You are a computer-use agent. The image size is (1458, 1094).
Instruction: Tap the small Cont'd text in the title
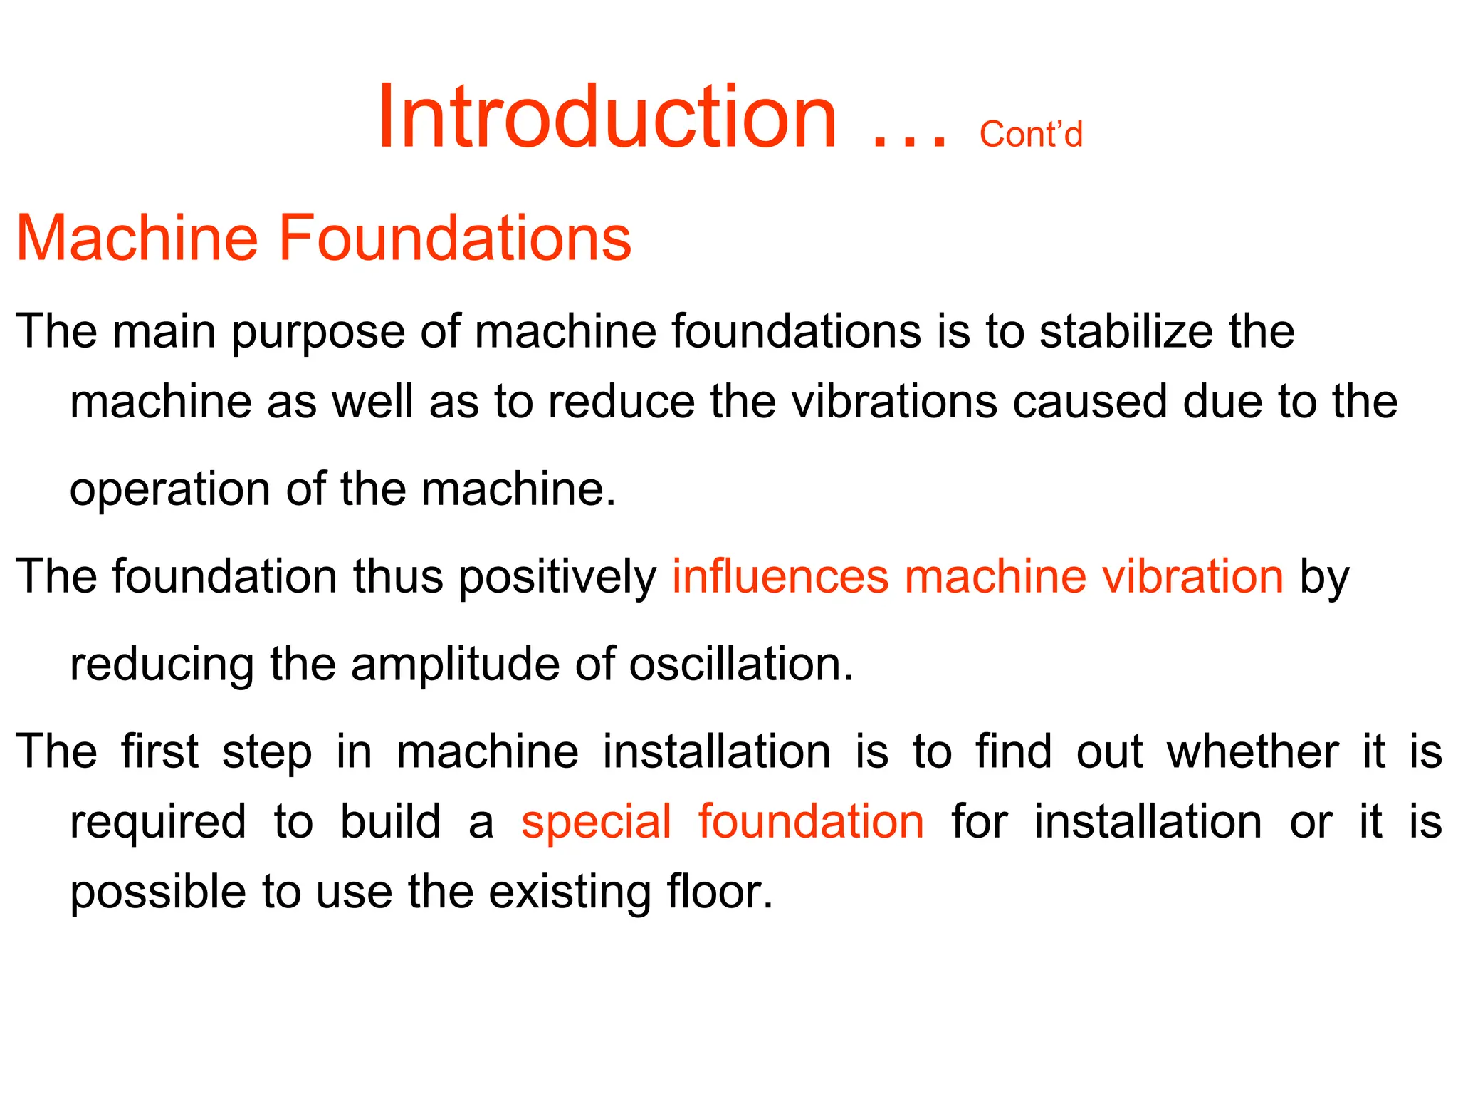[x=1030, y=134]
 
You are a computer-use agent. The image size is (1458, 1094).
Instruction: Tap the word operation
[x=169, y=491]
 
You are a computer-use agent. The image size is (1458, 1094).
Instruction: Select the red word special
[x=596, y=823]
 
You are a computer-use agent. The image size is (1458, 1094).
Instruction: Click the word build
[x=390, y=821]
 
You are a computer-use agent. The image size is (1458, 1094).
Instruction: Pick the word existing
[x=570, y=892]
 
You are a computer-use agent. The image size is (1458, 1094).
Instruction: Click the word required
[x=158, y=823]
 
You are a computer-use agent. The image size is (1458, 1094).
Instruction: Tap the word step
[x=267, y=753]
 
